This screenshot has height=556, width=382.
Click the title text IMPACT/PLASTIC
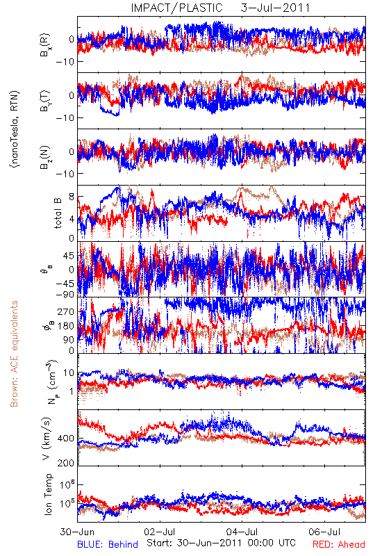(177, 8)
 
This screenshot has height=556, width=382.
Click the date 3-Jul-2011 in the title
(275, 8)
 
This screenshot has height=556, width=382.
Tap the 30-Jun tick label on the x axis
(77, 532)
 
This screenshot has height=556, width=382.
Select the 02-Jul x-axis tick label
(160, 532)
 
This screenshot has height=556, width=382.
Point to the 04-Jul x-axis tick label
(242, 532)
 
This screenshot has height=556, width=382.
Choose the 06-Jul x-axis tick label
(324, 532)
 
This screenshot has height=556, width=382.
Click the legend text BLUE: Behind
(108, 544)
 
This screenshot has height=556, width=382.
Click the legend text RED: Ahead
(338, 544)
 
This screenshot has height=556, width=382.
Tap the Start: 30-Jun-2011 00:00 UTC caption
(221, 543)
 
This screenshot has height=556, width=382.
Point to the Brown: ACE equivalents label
(14, 354)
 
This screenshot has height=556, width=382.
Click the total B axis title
(57, 213)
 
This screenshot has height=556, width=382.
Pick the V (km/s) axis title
(47, 439)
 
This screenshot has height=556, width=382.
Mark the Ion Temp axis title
(47, 493)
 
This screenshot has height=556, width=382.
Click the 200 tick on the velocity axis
(66, 463)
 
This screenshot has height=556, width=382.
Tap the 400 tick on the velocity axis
(66, 439)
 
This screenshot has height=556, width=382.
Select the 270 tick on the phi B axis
(66, 311)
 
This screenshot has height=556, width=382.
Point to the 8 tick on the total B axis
(72, 197)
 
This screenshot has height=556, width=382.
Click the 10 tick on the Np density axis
(69, 373)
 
